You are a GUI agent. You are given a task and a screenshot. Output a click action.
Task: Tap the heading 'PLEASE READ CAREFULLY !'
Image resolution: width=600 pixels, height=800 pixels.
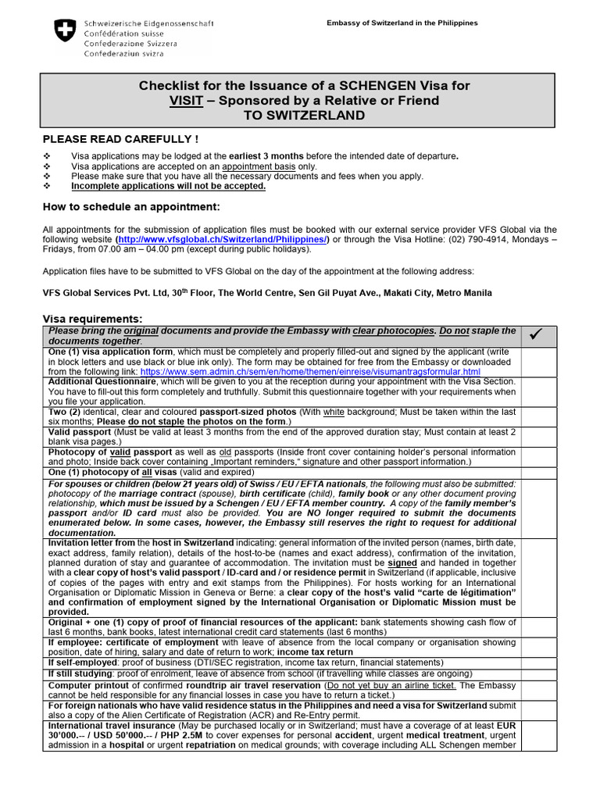120,139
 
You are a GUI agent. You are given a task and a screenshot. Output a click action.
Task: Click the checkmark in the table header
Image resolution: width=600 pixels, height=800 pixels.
536,335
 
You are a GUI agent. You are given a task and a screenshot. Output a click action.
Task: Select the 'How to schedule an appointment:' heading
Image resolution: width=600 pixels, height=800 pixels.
131,206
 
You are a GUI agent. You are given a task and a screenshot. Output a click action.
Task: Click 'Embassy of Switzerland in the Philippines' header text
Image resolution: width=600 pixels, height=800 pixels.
402,23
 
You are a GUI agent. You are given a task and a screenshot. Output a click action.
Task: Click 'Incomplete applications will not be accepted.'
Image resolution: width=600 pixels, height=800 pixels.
168,186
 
